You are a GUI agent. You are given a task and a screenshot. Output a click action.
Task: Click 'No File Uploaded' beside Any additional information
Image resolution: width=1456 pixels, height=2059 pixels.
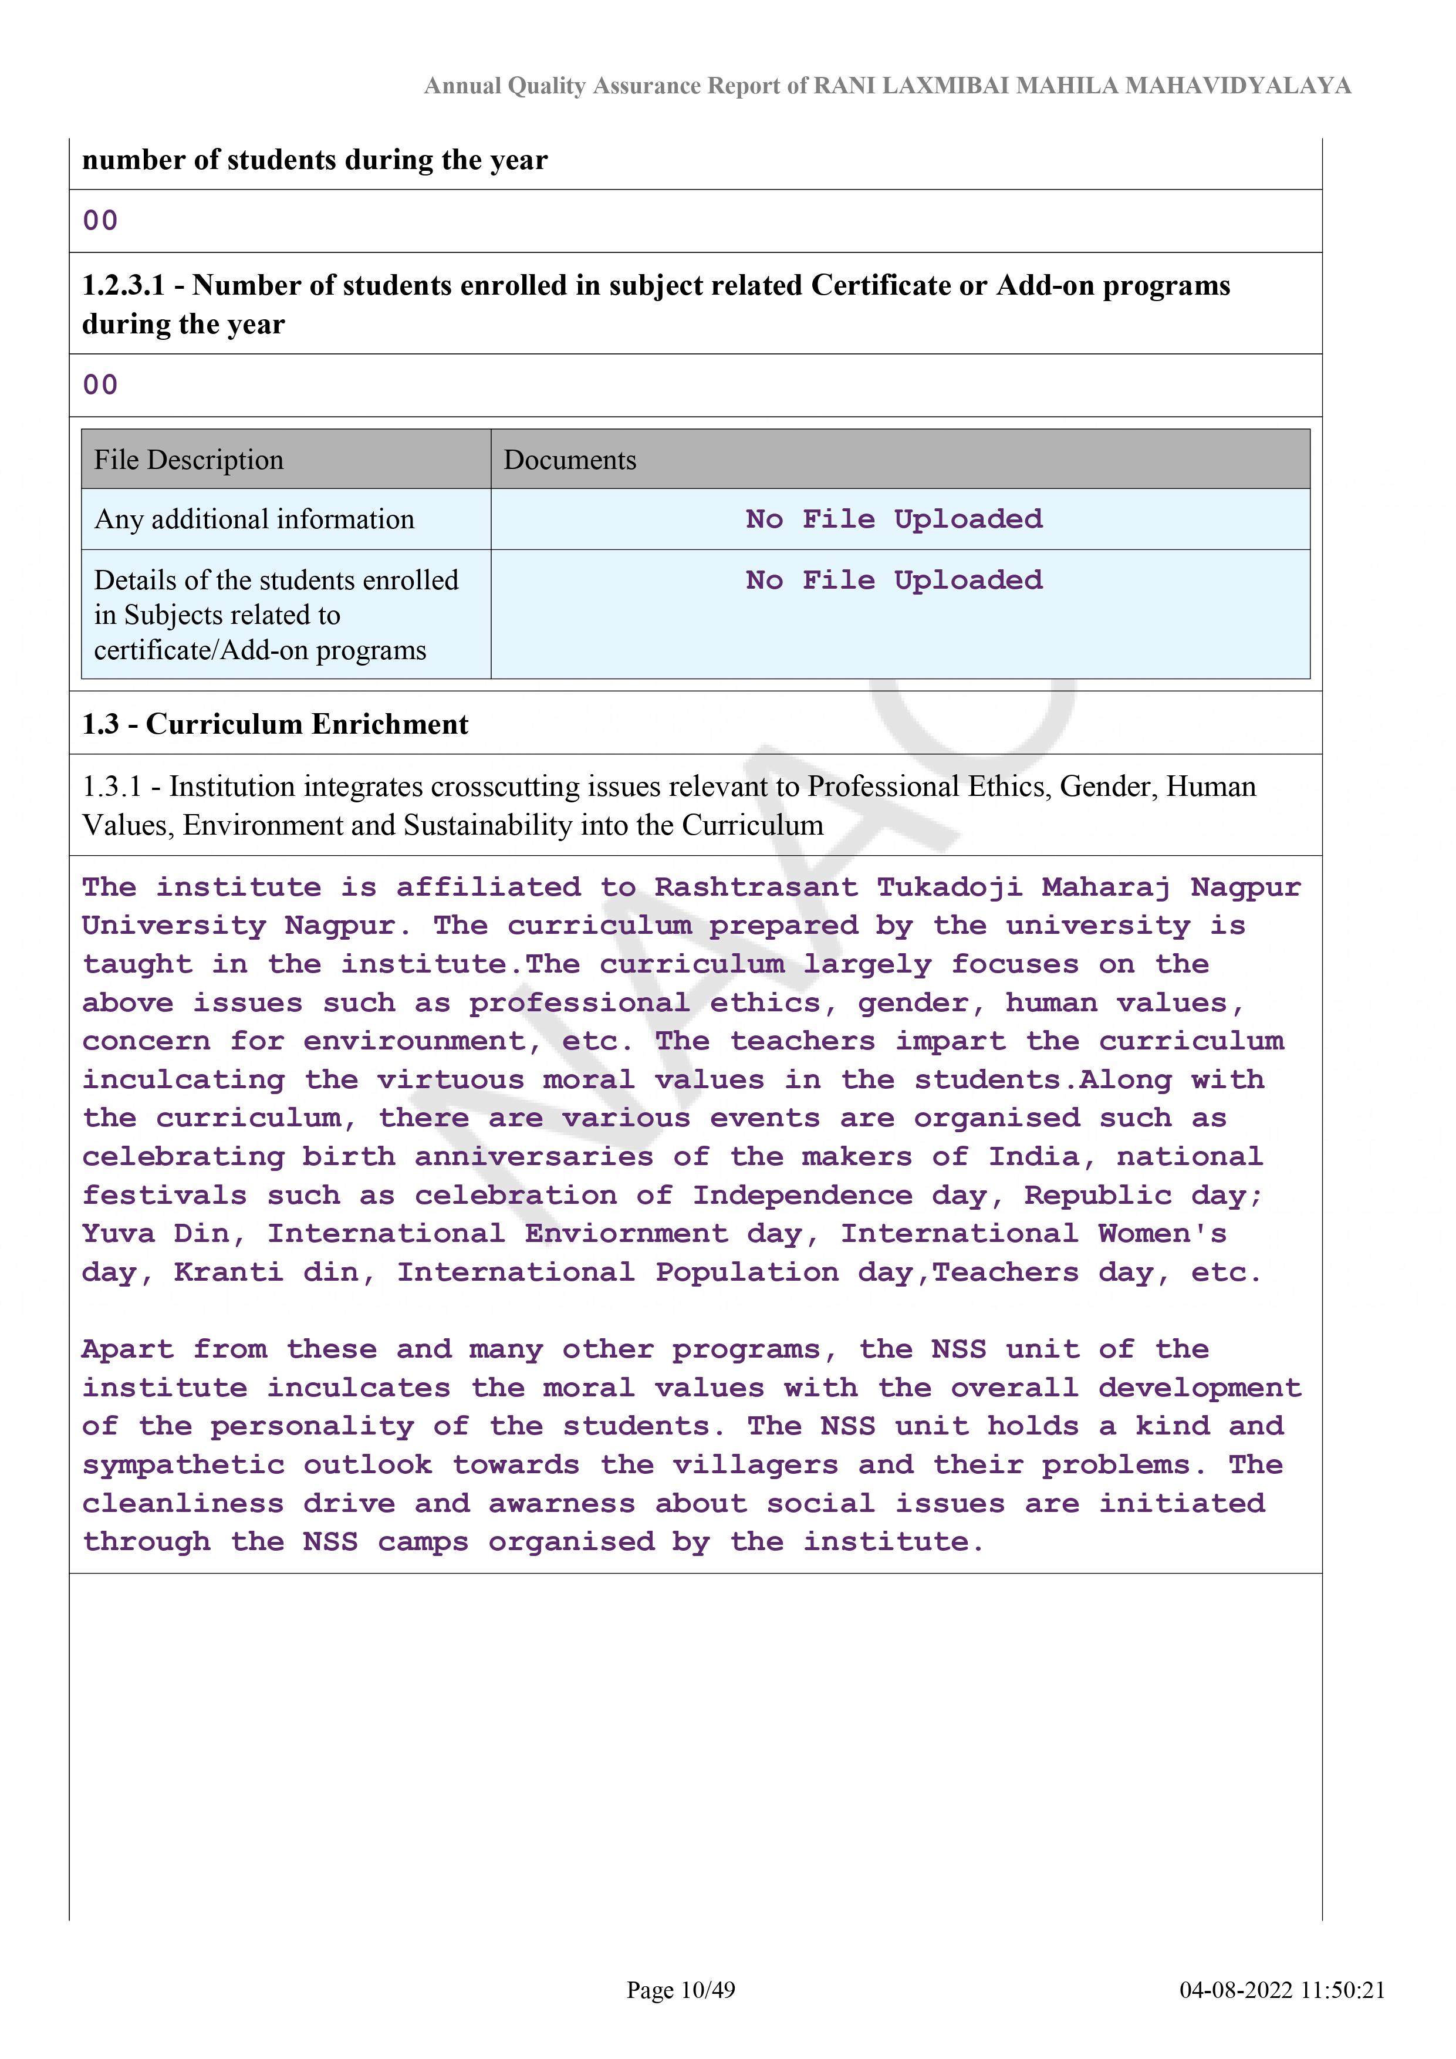coord(894,519)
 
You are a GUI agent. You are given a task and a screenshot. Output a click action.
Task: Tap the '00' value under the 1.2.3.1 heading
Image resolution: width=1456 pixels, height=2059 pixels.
coord(100,384)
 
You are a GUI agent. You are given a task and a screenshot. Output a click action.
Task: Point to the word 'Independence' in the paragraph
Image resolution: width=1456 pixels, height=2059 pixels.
coord(802,1196)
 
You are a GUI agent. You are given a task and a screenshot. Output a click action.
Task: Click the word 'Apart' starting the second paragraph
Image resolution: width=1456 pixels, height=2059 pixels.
coord(127,1349)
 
